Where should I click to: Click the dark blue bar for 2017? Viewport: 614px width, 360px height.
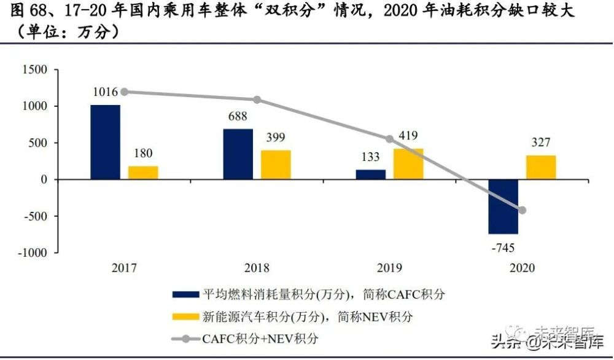click(105, 142)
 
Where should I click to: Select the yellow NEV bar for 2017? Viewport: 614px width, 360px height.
click(143, 173)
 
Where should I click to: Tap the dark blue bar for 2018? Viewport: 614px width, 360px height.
click(238, 154)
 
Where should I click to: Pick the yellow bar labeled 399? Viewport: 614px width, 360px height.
click(276, 165)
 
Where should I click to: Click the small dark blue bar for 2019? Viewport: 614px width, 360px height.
click(371, 174)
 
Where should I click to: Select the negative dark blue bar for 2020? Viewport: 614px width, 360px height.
click(503, 206)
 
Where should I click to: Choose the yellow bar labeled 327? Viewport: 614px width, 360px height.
click(541, 167)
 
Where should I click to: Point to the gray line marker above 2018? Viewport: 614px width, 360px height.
click(257, 100)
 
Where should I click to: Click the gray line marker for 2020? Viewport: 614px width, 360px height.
click(523, 210)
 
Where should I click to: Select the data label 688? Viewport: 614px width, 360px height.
click(238, 117)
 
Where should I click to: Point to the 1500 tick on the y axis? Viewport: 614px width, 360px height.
click(34, 70)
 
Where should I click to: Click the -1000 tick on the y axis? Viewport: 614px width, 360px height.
click(32, 252)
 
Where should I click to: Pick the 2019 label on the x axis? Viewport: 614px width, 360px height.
click(390, 268)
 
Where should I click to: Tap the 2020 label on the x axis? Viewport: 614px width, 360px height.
click(522, 268)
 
